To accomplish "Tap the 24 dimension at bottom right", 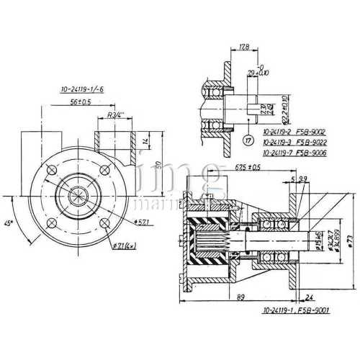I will [x=310, y=295].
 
